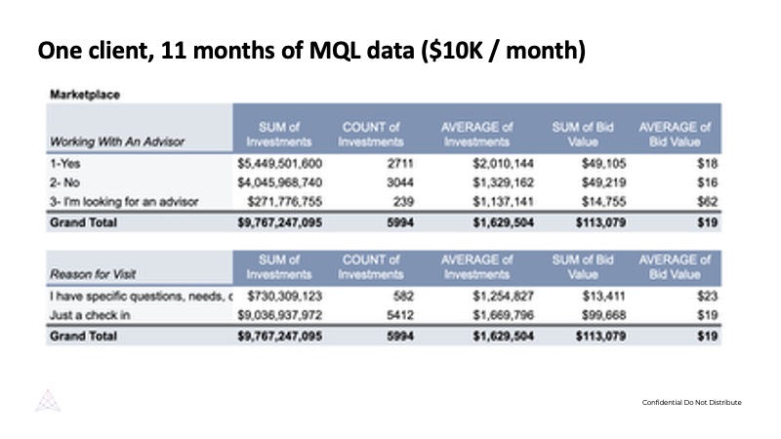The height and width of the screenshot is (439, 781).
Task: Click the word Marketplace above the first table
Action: pyautogui.click(x=85, y=95)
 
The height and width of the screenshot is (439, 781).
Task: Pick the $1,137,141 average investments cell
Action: pyautogui.click(x=497, y=201)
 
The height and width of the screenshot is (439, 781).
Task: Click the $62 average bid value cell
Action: pyautogui.click(x=708, y=201)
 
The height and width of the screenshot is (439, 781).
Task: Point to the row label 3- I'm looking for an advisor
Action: pyautogui.click(x=123, y=201)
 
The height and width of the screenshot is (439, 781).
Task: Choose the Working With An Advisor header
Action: pyautogui.click(x=117, y=140)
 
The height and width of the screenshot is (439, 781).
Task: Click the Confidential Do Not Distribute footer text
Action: pyautogui.click(x=691, y=403)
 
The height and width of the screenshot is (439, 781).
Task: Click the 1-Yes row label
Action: pyautogui.click(x=64, y=164)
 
